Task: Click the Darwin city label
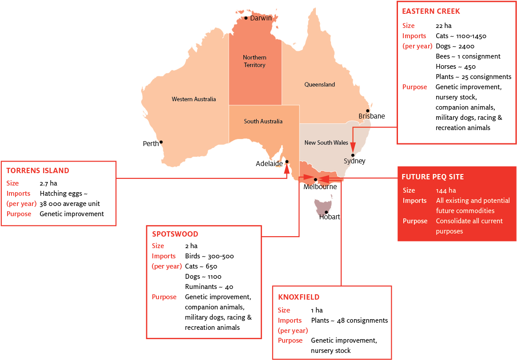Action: point(261,18)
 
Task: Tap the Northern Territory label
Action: point(255,61)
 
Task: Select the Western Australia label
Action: point(194,99)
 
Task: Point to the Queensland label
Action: point(319,84)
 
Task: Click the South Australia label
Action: point(263,121)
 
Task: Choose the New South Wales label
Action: point(326,142)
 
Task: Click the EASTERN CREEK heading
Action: point(431,11)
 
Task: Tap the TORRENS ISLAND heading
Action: point(38,170)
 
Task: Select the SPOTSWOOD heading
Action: point(175,234)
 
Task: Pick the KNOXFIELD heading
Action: point(298,297)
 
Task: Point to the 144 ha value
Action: point(446,190)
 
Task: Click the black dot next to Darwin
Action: point(246,18)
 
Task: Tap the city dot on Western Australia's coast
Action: point(161,142)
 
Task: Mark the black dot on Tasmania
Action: point(326,212)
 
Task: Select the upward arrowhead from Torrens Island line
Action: point(286,169)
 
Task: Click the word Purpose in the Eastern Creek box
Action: point(414,87)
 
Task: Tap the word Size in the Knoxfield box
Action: point(284,310)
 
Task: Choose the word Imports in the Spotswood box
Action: point(163,256)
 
